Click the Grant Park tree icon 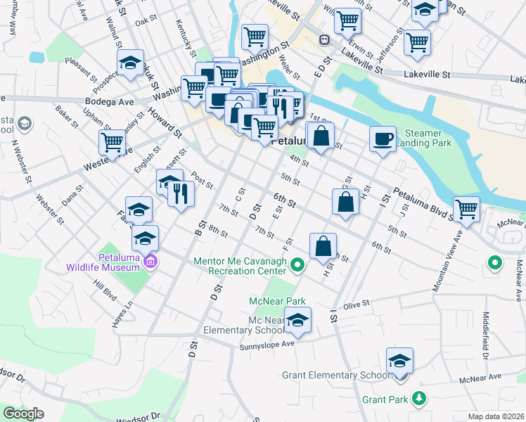pyautogui.click(x=420, y=399)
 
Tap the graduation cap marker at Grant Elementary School pyautogui.click(x=400, y=362)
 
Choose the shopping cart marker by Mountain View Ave pyautogui.click(x=467, y=209)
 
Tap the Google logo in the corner pyautogui.click(x=23, y=414)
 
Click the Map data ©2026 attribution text pyautogui.click(x=496, y=416)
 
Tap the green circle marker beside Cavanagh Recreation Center pyautogui.click(x=297, y=265)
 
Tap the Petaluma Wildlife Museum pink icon pyautogui.click(x=149, y=263)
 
